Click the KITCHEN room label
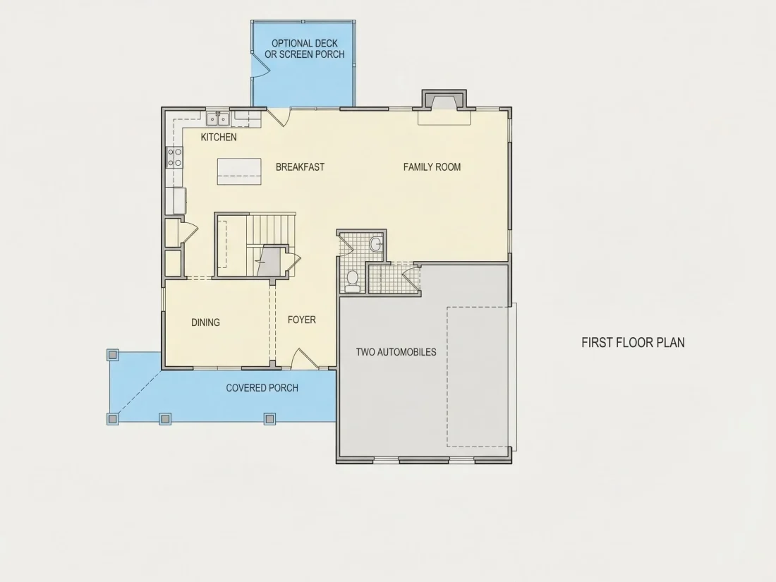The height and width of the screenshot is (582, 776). click(x=219, y=137)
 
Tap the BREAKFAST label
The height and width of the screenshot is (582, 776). click(x=300, y=166)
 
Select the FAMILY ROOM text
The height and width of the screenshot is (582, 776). click(x=432, y=166)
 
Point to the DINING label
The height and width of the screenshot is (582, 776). click(x=205, y=322)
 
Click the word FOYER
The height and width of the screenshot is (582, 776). click(x=302, y=320)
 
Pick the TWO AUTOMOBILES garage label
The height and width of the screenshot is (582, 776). click(x=396, y=352)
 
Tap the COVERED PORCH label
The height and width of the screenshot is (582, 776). click(x=262, y=388)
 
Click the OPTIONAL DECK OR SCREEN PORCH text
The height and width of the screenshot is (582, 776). click(x=304, y=49)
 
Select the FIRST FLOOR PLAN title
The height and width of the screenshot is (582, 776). click(x=633, y=342)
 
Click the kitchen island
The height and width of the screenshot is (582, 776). click(x=239, y=171)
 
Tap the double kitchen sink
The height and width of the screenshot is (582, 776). click(x=218, y=119)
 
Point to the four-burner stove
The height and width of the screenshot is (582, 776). click(x=174, y=157)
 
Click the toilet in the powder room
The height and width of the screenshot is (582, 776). click(x=352, y=279)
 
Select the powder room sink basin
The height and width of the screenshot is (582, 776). click(x=376, y=243)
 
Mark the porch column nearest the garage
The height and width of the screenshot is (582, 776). click(x=269, y=418)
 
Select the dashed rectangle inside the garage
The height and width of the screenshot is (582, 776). click(x=478, y=377)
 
